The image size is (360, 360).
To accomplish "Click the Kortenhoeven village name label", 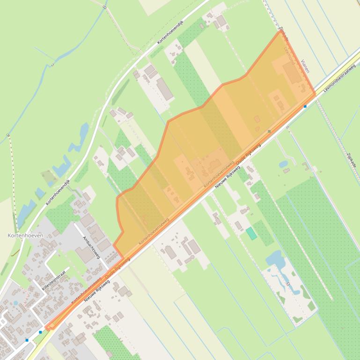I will pos(25,236).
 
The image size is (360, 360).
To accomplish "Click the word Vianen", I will pos(305,66).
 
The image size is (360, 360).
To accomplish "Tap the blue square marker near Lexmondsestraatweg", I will pos(305,107).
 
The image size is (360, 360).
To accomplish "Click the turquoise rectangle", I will pos(252,233).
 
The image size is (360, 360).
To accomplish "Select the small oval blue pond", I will pos(283,164).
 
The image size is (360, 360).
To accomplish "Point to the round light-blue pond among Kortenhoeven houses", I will pos(16,303).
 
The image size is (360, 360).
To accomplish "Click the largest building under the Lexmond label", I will pos(292,74).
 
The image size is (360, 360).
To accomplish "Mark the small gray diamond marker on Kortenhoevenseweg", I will pos(269,132).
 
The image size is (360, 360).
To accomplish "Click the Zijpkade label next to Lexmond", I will pos(283,34).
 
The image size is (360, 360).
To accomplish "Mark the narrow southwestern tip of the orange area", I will pos(48,327).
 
